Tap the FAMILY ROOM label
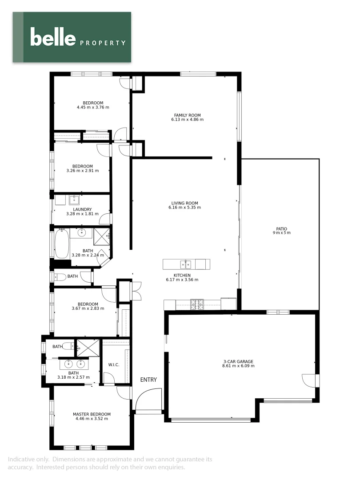[x=187, y=115]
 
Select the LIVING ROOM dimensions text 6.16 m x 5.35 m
[x=183, y=208]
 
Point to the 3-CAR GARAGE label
[x=238, y=361]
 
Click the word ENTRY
[x=148, y=380]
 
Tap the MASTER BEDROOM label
[x=92, y=414]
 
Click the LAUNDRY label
[x=82, y=209]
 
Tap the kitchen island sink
[x=186, y=264]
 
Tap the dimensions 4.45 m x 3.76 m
[x=93, y=108]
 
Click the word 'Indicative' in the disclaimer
[x=22, y=459]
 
